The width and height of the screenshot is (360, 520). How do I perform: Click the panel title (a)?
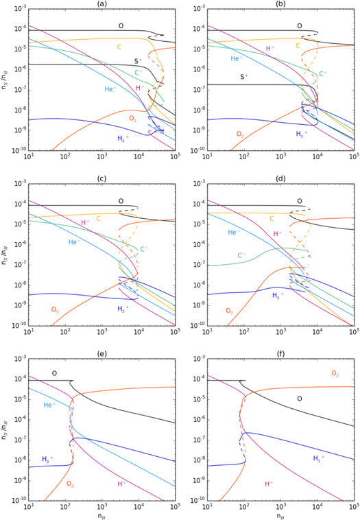pyautogui.click(x=101, y=4)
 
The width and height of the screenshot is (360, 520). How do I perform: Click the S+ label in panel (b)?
pyautogui.click(x=244, y=78)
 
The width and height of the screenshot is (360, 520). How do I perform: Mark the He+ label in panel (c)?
pyautogui.click(x=76, y=242)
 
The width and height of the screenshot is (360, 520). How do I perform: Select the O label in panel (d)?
pyautogui.click(x=300, y=201)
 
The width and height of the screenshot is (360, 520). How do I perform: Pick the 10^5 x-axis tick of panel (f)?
pyautogui.click(x=352, y=508)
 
